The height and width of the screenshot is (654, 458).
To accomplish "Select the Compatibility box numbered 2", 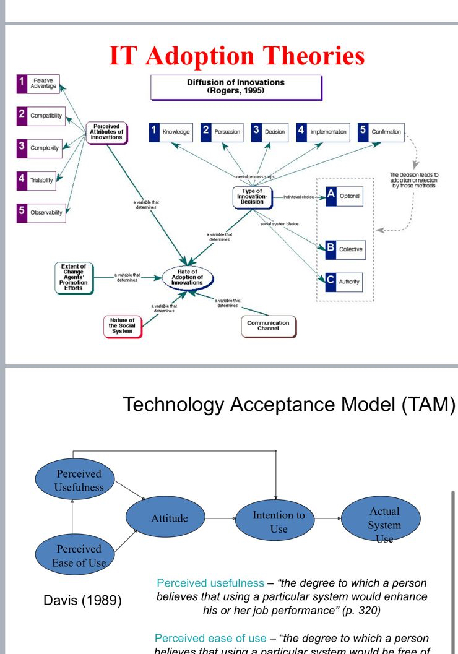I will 40,116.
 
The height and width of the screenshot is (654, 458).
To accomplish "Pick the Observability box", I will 41,212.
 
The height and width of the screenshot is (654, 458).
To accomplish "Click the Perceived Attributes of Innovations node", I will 106,132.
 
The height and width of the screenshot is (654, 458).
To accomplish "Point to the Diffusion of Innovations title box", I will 236,87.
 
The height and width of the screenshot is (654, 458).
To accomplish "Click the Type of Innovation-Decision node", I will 252,197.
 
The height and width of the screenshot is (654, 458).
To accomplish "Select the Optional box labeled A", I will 343,196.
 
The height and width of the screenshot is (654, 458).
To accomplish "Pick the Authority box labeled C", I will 343,282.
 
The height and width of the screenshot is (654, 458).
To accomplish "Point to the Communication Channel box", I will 268,325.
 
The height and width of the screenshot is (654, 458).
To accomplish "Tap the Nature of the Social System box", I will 122,325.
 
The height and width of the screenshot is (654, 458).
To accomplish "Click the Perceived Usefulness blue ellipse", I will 79,480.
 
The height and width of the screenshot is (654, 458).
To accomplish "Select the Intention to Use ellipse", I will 279,522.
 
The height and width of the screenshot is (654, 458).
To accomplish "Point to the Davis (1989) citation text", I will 83,600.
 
